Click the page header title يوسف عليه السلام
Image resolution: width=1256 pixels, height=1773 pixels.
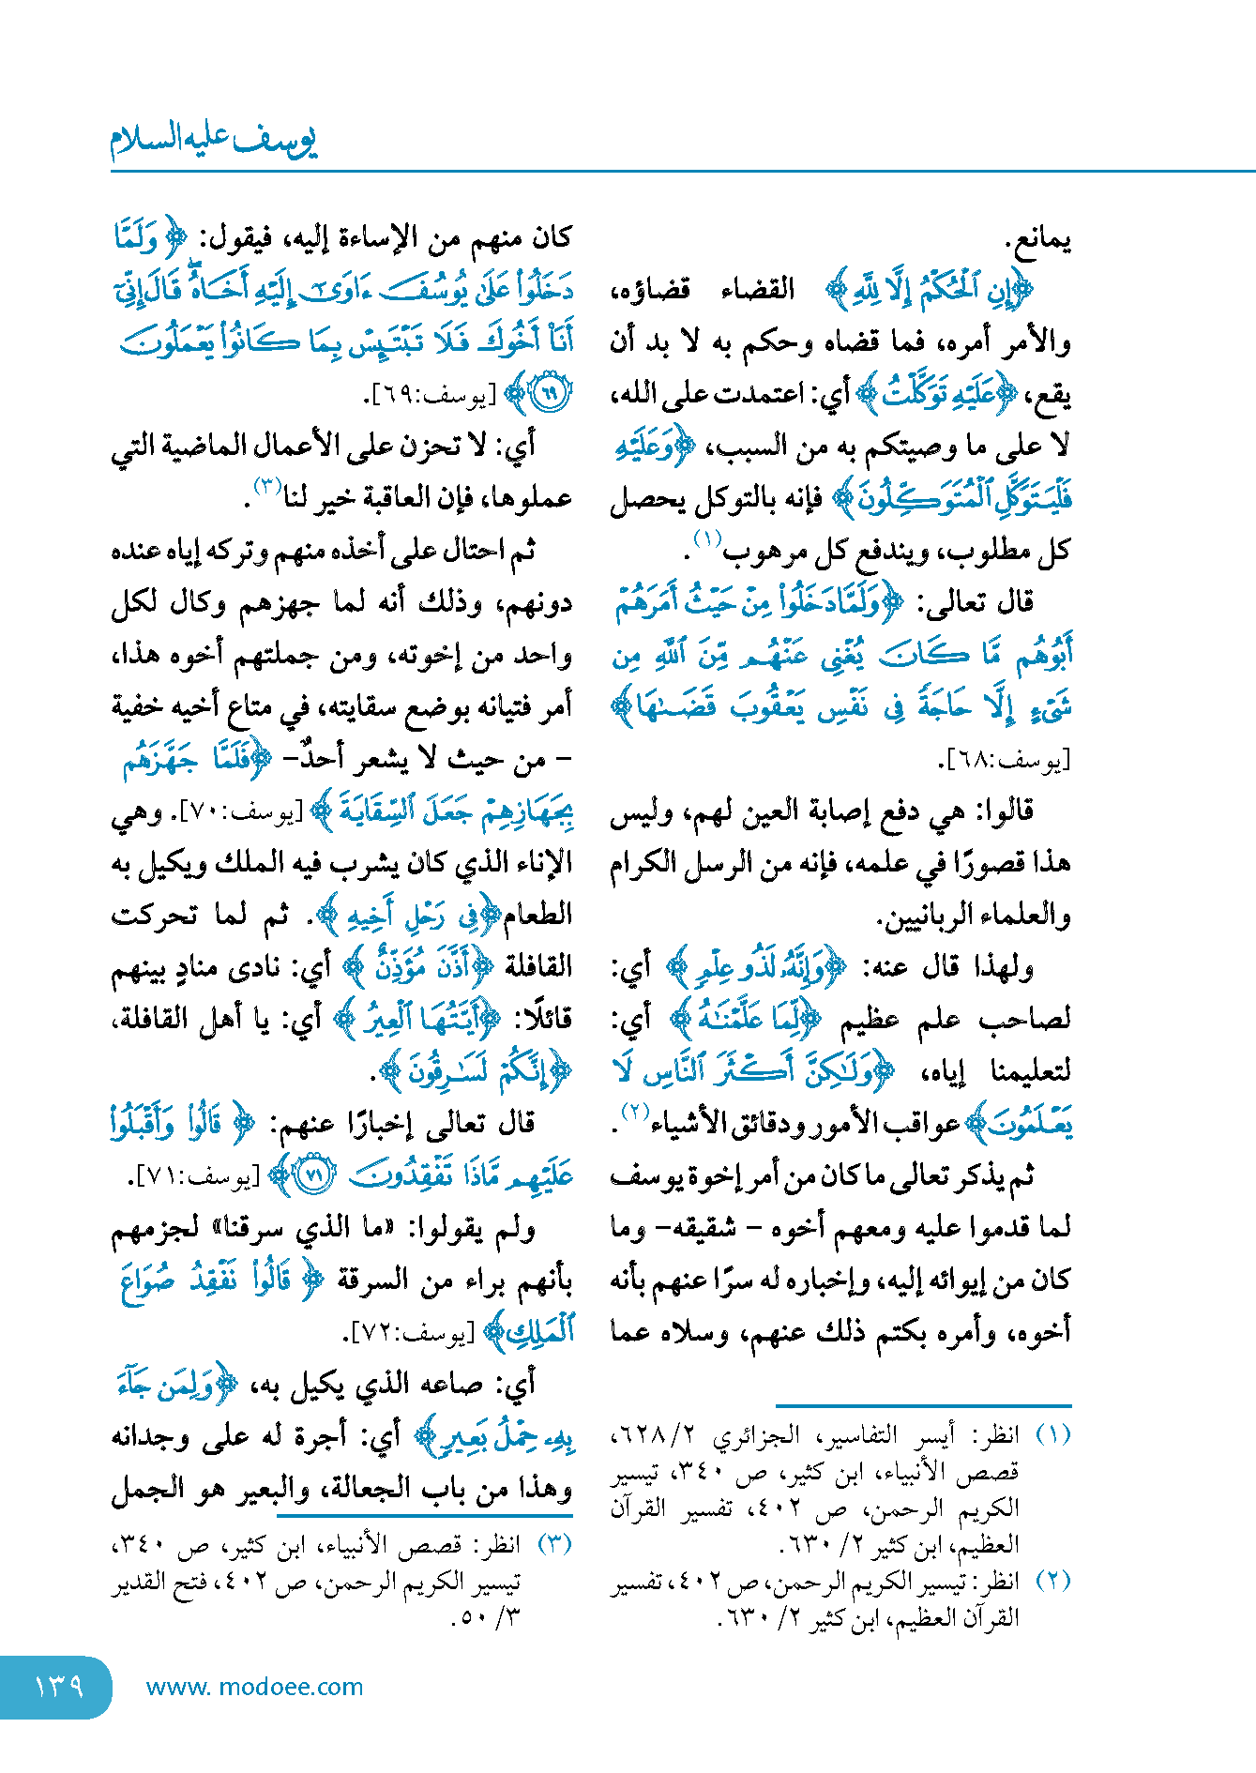click(214, 141)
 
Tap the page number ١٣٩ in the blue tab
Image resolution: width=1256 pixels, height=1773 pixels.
click(58, 1687)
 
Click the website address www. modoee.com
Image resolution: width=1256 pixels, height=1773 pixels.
click(254, 1687)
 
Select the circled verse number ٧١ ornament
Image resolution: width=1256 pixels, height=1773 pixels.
click(314, 1176)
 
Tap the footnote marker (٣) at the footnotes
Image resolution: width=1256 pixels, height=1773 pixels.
click(553, 1544)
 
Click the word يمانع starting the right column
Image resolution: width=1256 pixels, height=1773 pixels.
click(1038, 240)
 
